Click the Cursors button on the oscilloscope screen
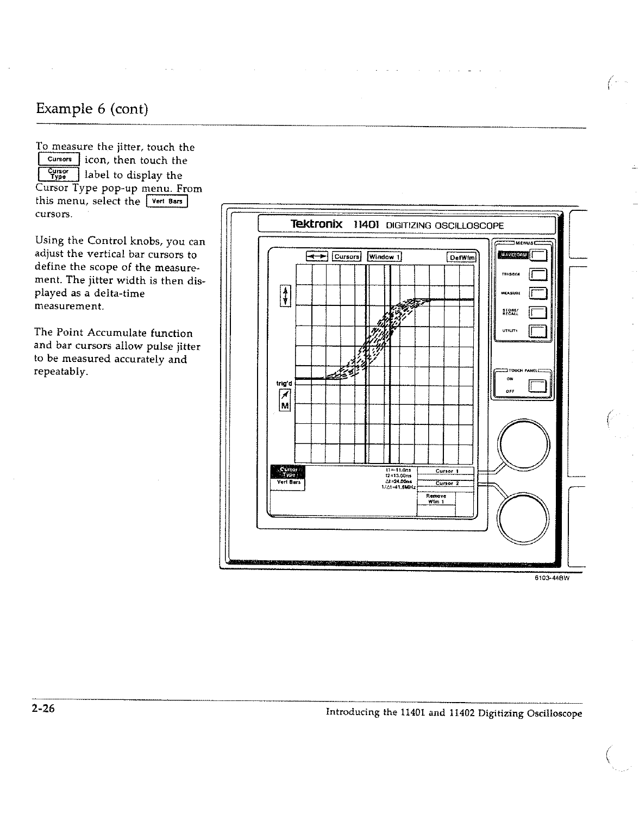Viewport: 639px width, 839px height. pos(347,256)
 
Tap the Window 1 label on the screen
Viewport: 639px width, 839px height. pos(385,256)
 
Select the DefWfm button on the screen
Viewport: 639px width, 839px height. pos(461,257)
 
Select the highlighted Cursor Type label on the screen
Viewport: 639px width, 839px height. pos(287,472)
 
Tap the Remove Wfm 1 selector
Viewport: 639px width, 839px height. pos(436,499)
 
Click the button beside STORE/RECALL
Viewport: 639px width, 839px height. pos(537,312)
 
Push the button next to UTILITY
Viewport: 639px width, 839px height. pos(537,331)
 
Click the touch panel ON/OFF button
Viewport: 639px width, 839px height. pos(537,386)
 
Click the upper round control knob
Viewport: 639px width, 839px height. pos(524,444)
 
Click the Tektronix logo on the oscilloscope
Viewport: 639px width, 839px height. pos(316,224)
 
